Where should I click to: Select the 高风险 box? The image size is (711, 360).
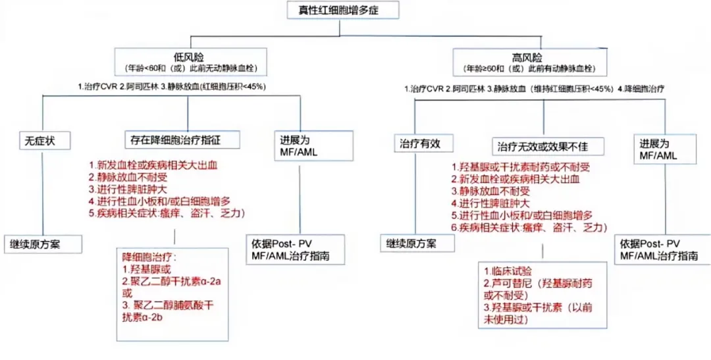[x=531, y=61]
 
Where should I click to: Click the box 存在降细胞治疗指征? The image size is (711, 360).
[x=181, y=140]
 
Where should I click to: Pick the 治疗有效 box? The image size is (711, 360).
[x=417, y=143]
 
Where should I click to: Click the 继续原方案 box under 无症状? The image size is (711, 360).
[x=43, y=244]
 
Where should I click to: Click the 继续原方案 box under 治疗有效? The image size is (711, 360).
[x=417, y=243]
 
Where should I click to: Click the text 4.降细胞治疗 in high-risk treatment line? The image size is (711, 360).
[x=641, y=88]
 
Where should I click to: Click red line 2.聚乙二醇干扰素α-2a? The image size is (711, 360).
[x=171, y=281]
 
